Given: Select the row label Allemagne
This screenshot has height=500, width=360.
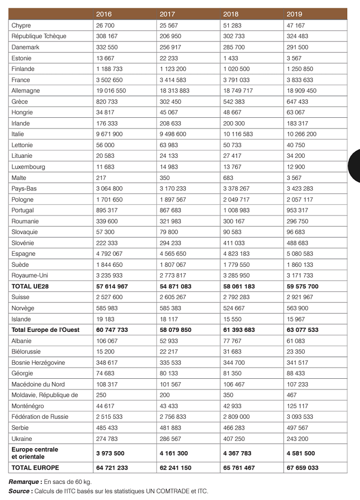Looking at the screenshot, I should point(26,90).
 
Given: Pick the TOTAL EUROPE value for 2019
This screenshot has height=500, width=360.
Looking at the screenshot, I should point(302,468).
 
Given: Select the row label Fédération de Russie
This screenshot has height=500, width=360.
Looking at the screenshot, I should point(40,417).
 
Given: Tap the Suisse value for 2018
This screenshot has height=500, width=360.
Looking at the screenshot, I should point(236,297).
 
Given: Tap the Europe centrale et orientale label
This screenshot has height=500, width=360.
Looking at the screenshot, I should point(35,453).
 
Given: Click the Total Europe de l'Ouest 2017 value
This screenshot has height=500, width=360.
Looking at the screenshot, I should point(175,330).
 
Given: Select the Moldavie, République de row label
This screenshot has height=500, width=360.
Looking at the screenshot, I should point(45,395).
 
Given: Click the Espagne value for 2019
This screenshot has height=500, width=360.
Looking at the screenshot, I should point(300,254).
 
